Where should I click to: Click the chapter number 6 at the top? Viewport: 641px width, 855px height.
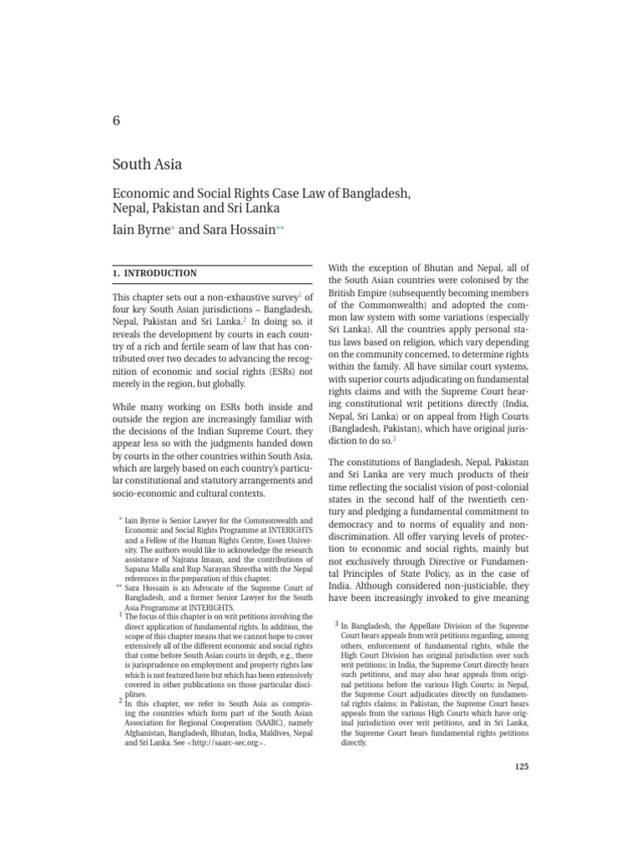(116, 120)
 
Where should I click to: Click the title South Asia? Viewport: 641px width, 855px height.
(147, 164)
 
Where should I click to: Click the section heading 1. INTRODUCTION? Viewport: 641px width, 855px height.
(154, 273)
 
